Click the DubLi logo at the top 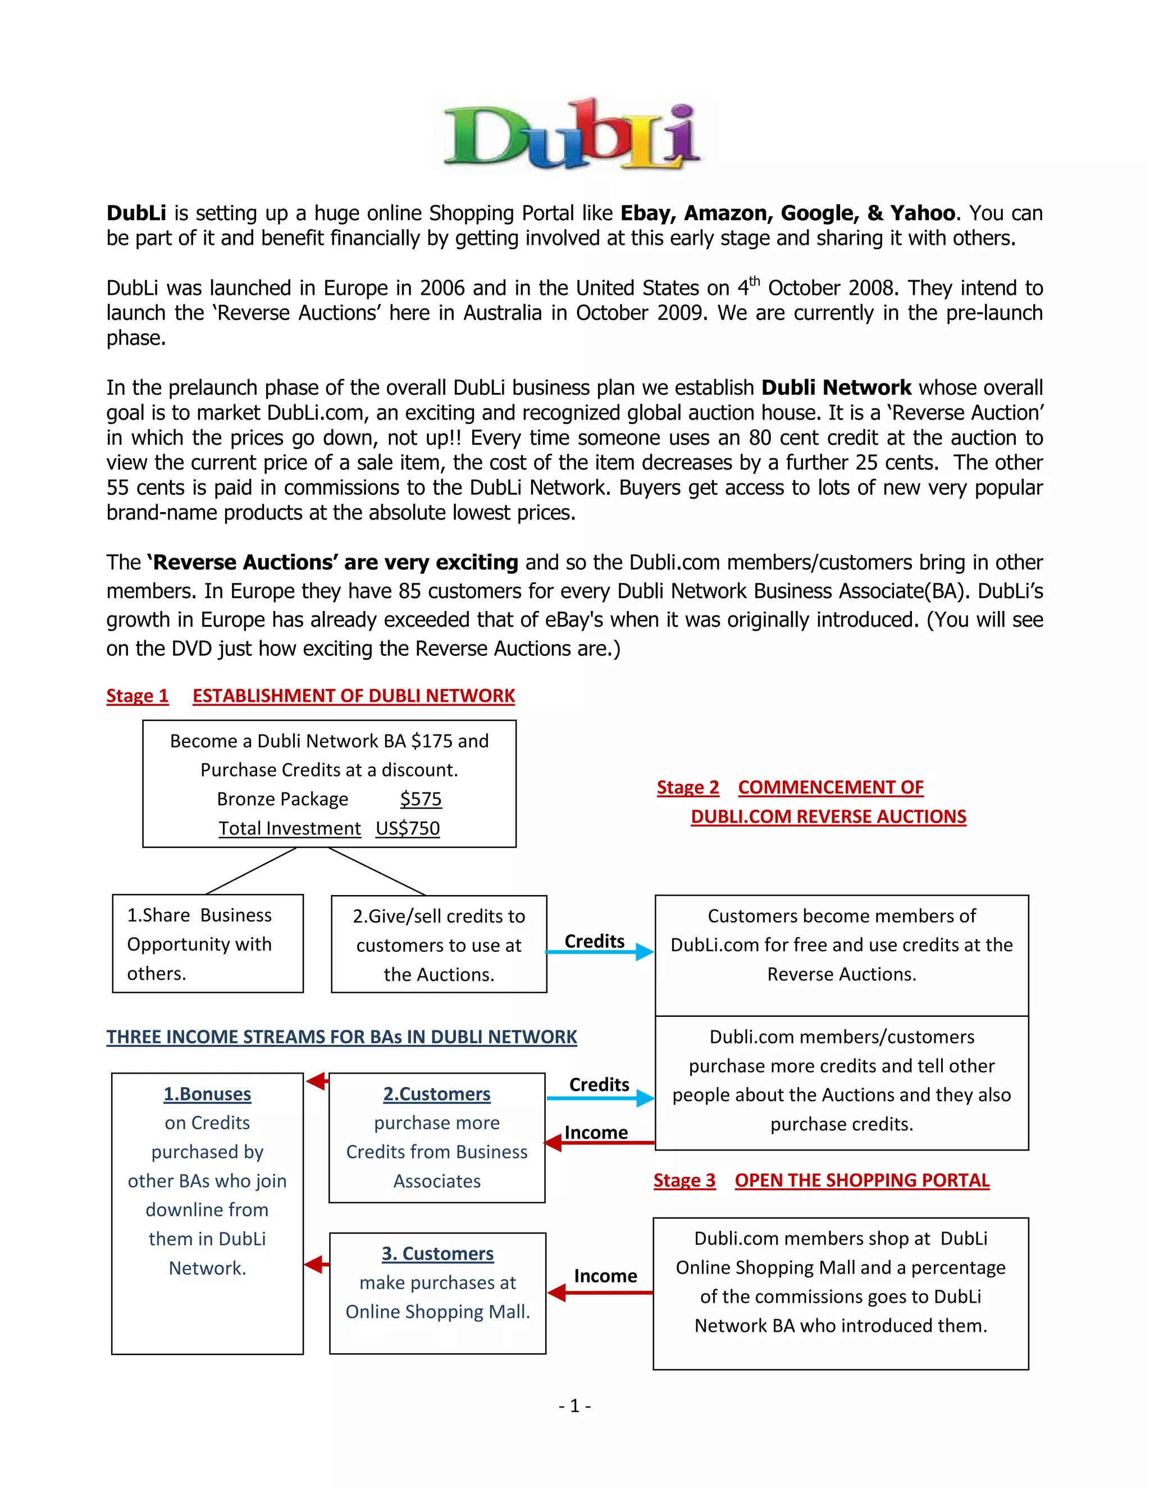click(572, 134)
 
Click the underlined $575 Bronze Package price click(421, 798)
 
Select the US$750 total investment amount click(408, 828)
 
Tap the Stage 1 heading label click(137, 696)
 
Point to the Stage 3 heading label click(684, 1180)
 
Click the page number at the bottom click(574, 1405)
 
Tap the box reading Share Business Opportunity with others click(207, 944)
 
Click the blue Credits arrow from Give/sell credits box click(600, 952)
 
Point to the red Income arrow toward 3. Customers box click(600, 1293)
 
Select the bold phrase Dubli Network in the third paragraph click(836, 387)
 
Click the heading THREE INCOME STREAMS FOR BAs click(341, 1037)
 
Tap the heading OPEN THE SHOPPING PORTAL click(862, 1180)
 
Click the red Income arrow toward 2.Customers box click(600, 1143)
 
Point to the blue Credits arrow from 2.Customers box click(600, 1098)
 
